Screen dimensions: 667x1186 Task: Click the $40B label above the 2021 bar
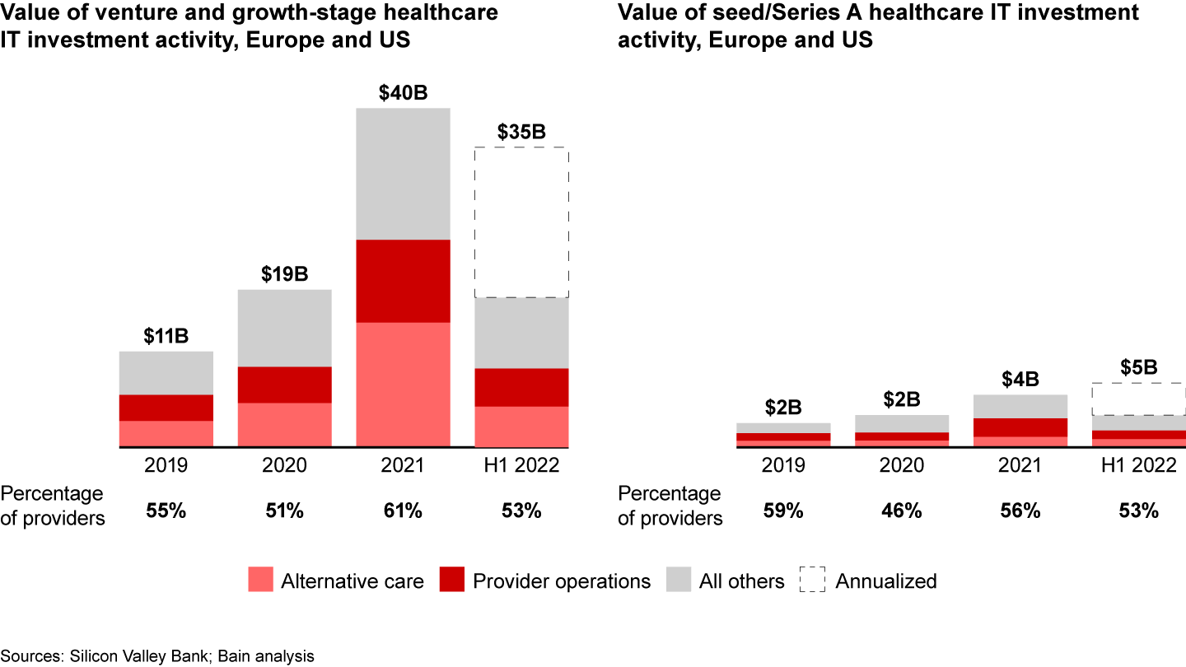pos(403,93)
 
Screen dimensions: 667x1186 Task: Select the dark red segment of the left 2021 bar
pos(403,281)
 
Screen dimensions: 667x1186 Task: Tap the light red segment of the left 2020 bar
pos(284,424)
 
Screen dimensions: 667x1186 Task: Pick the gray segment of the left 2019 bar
pos(166,373)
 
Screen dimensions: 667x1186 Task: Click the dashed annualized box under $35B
pos(521,222)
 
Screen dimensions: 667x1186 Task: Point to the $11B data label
pos(166,336)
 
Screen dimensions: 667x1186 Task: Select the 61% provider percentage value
pos(403,511)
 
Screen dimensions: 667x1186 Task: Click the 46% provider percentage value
pos(901,511)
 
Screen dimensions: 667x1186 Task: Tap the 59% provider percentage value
pos(782,511)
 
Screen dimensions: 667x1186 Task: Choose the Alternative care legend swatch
pos(260,581)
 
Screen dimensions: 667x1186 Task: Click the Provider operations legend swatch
pos(452,581)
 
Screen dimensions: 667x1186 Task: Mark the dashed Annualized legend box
pos(811,581)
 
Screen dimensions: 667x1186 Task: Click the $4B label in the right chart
pos(1020,380)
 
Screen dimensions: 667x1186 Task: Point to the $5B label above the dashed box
pos(1138,368)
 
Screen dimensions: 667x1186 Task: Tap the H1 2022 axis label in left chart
pos(521,465)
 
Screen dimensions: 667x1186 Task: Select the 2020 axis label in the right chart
pos(901,465)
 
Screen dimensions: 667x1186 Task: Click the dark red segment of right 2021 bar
pos(1020,427)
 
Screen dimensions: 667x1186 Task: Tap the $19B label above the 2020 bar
pos(284,274)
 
